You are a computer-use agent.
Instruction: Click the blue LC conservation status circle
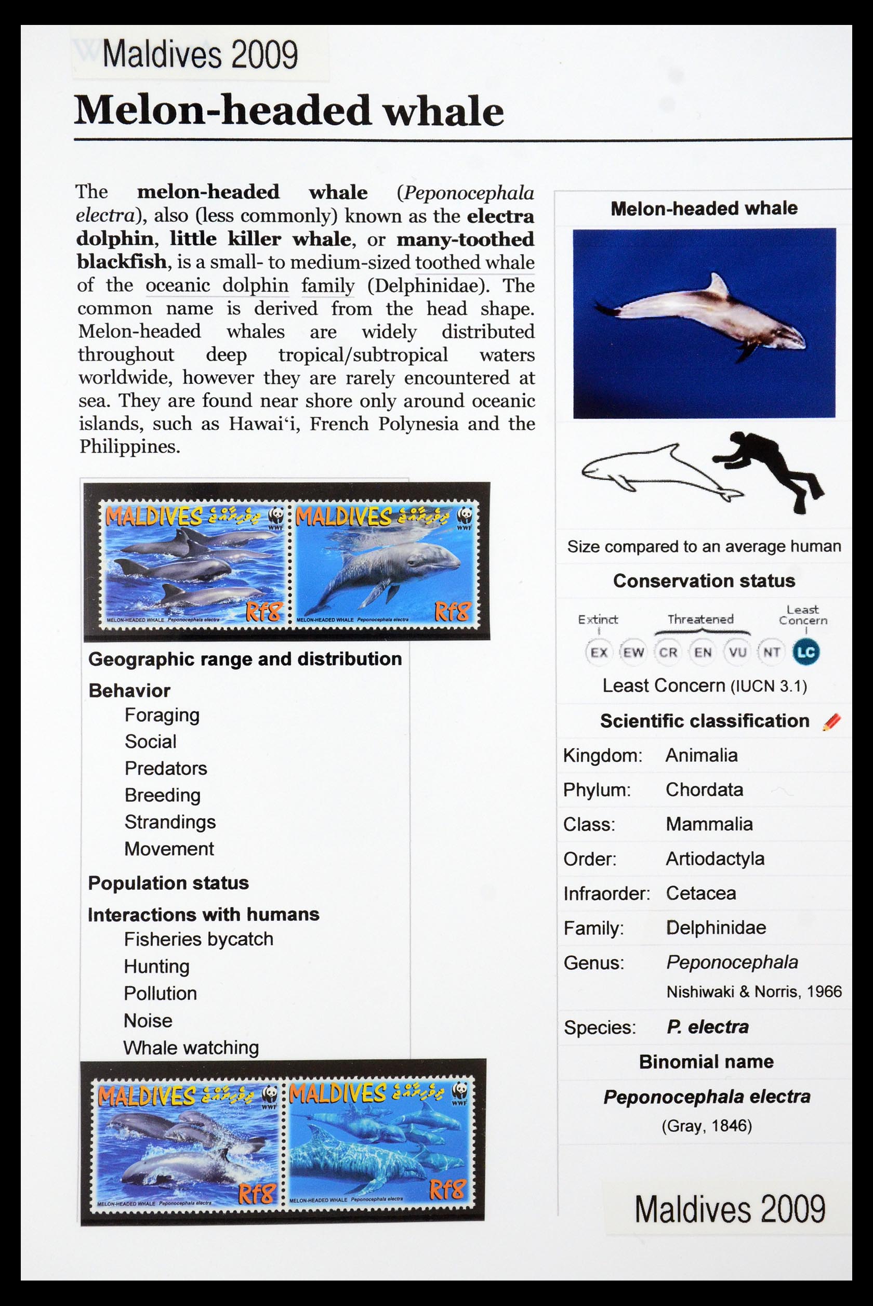click(805, 652)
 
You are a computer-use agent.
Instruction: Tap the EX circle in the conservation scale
click(599, 652)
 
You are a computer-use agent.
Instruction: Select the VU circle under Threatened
click(737, 652)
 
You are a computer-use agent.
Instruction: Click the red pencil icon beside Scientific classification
click(831, 722)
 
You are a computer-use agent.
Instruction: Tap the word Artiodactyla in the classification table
click(715, 859)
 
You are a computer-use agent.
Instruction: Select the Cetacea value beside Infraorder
click(700, 893)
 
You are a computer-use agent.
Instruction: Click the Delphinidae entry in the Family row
click(716, 928)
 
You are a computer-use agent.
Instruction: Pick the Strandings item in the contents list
click(170, 822)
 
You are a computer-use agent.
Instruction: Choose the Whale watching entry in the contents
click(191, 1048)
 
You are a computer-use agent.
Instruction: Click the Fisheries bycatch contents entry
click(198, 939)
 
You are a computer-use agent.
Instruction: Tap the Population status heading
click(168, 883)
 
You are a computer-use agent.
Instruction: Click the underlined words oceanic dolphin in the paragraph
click(217, 286)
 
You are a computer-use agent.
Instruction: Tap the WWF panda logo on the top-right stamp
click(465, 516)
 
